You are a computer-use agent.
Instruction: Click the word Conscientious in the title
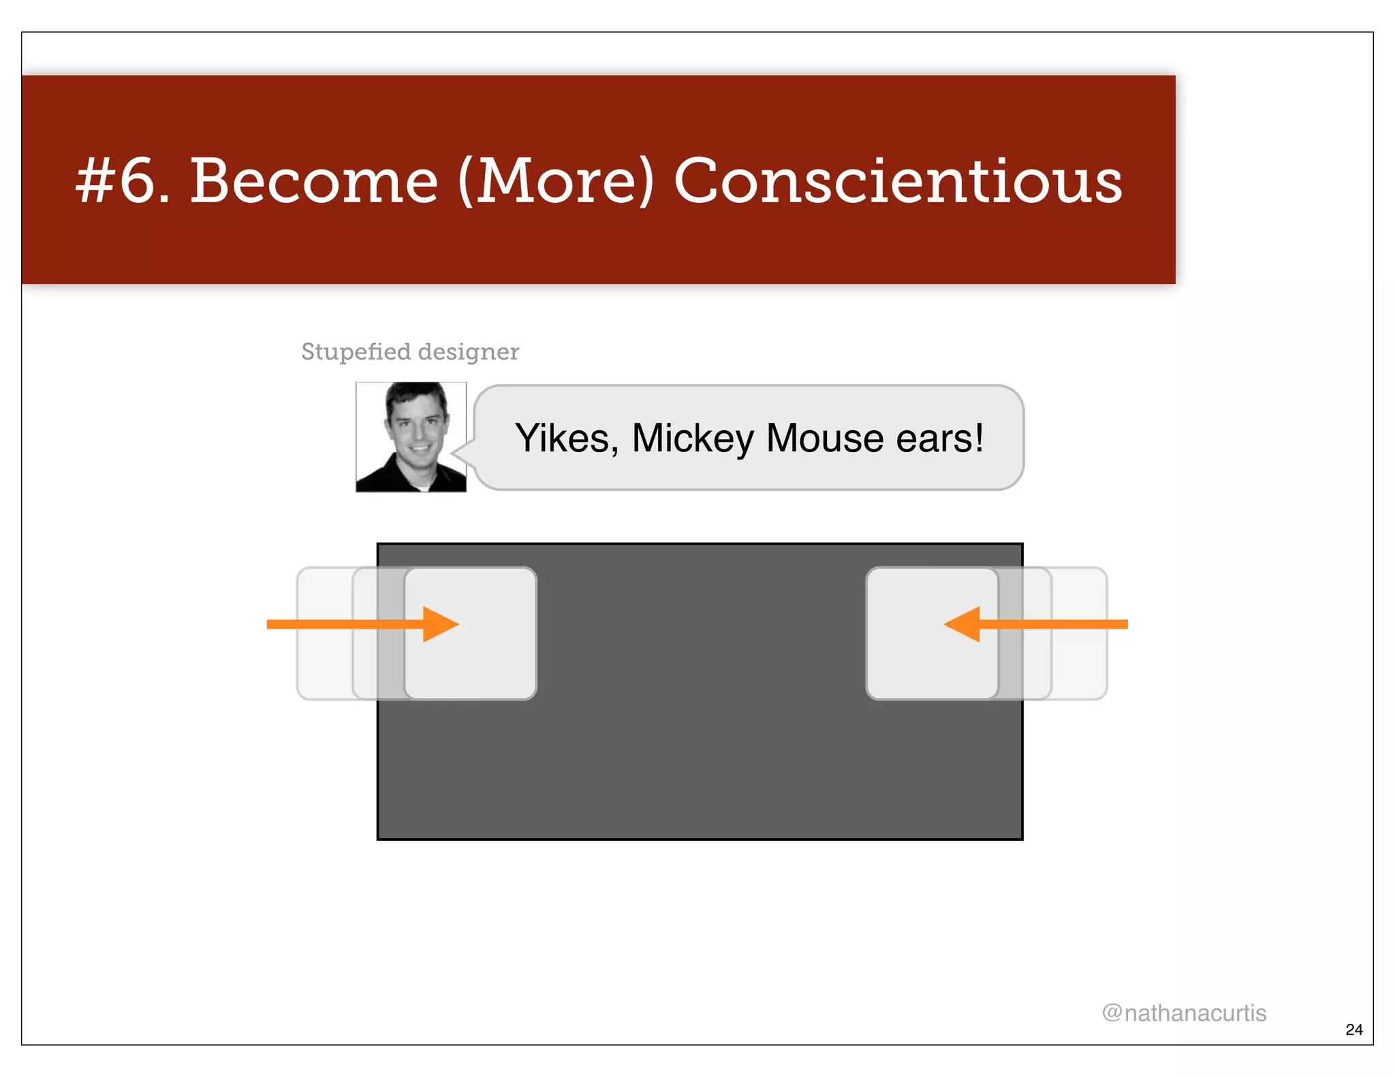[898, 181]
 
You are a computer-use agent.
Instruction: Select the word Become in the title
[314, 181]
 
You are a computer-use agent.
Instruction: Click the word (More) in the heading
[556, 181]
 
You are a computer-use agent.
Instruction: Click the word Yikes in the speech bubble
[563, 438]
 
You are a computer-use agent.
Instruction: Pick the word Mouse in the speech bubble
[826, 438]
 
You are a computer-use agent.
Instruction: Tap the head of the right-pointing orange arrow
[441, 624]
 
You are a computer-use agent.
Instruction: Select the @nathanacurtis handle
[1184, 1013]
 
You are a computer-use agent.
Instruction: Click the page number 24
[1354, 1029]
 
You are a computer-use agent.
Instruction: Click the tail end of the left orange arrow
[272, 624]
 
